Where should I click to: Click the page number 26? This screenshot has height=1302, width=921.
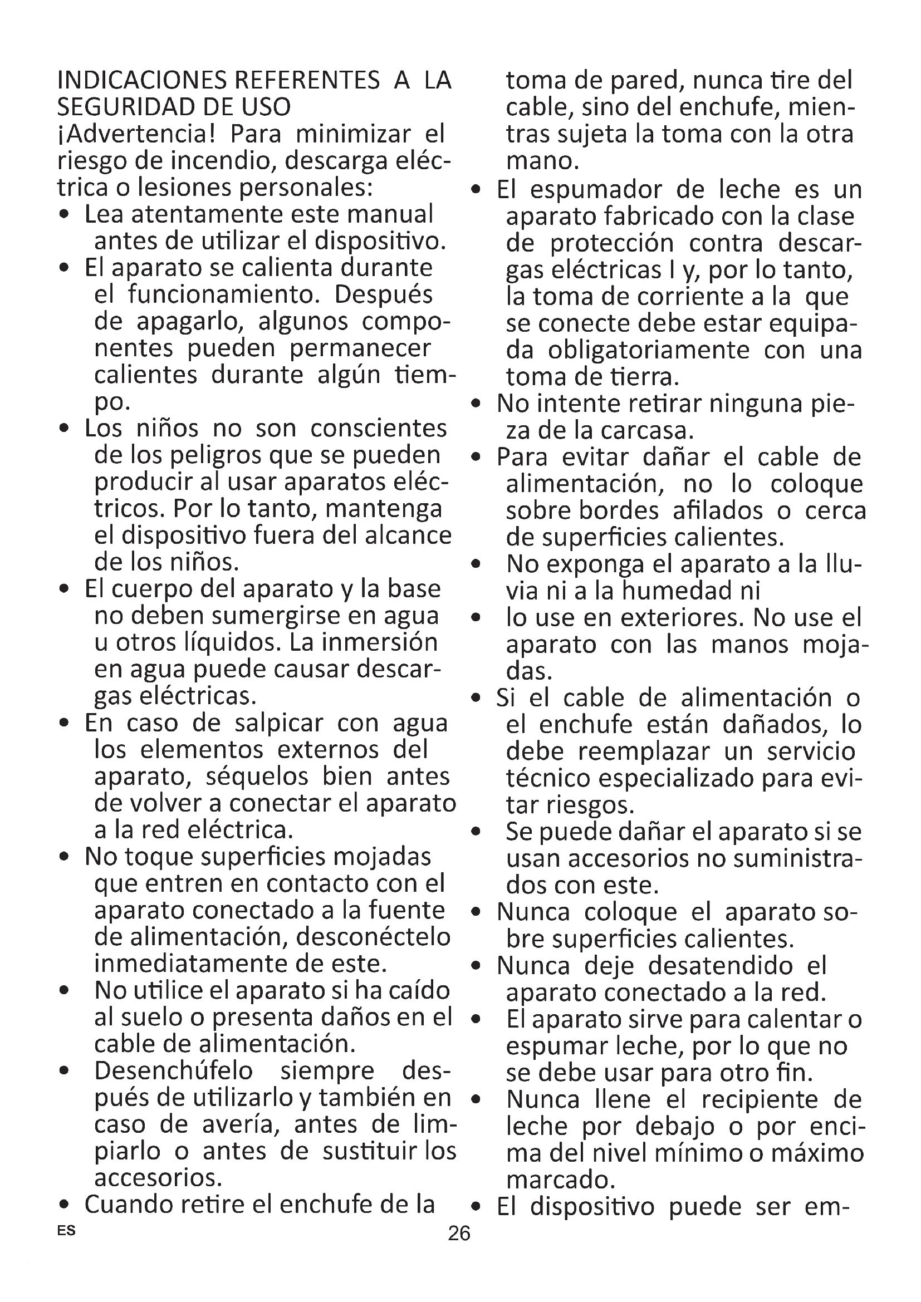(x=459, y=1233)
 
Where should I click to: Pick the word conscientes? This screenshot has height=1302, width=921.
(x=378, y=429)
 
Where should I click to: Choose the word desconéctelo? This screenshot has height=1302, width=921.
(x=373, y=937)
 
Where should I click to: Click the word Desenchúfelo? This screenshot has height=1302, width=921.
(x=174, y=1071)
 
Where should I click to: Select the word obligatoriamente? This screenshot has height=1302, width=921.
(x=648, y=351)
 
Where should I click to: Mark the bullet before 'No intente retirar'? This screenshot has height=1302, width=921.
(x=477, y=404)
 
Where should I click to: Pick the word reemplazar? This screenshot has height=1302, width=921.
(x=644, y=752)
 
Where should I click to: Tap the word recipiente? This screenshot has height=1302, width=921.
(x=760, y=1099)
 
